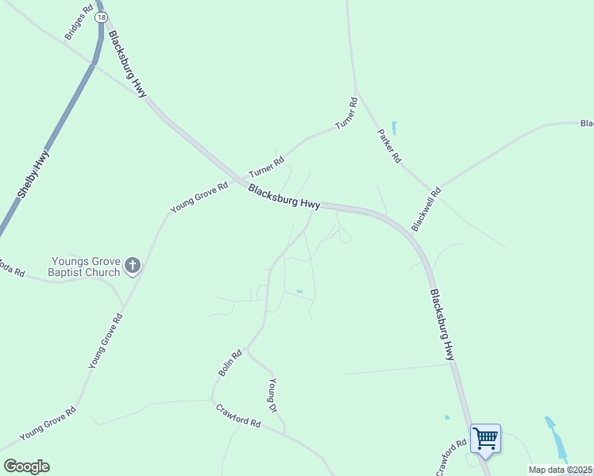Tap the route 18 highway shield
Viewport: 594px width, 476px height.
100,16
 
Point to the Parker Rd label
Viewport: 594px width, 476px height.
389,145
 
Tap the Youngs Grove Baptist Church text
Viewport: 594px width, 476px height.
86,266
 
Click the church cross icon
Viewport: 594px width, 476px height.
133,266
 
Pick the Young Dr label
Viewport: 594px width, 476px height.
273,394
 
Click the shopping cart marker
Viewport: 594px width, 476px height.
485,438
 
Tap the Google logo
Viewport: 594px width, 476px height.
26,466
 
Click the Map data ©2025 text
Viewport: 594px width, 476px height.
561,470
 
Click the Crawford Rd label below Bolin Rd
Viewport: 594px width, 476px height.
238,416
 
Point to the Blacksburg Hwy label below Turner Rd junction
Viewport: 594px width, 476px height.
283,197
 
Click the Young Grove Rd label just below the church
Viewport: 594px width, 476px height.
106,341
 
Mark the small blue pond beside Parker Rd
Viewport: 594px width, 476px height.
395,127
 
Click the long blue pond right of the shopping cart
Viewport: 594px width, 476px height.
556,438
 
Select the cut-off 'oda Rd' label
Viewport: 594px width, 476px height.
11,267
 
